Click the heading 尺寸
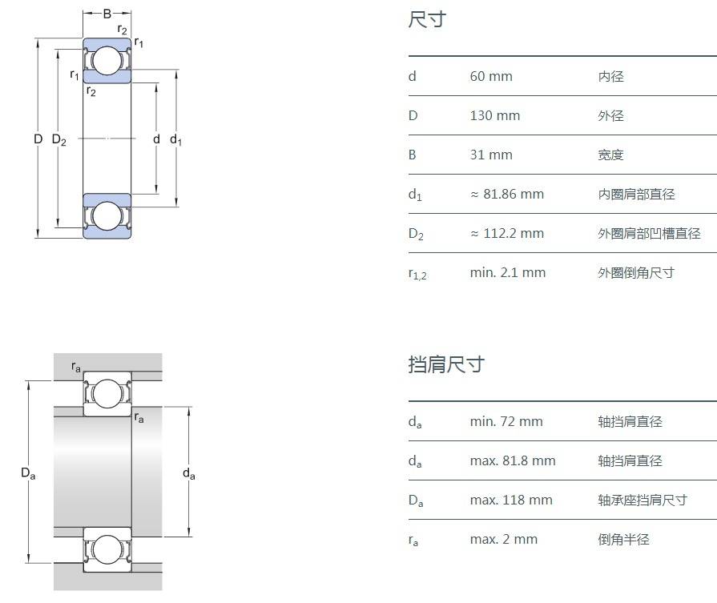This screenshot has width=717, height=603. (427, 20)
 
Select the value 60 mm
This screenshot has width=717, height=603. (491, 77)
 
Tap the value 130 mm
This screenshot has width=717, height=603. (495, 116)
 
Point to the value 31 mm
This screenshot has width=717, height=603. (491, 155)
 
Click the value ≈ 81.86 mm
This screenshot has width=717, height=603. (506, 195)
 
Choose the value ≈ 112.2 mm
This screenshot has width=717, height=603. (506, 234)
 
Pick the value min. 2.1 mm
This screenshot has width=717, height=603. (507, 273)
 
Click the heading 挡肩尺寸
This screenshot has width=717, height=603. (446, 365)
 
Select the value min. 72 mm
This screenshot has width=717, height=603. (506, 422)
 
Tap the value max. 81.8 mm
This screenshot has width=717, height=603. (512, 461)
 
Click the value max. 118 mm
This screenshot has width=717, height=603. (511, 500)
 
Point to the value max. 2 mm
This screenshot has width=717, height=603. (503, 540)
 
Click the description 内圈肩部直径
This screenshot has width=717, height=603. (636, 195)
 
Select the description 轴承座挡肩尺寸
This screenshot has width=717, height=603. (642, 500)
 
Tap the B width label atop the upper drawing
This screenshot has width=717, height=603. (107, 14)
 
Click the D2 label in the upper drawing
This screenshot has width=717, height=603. (58, 140)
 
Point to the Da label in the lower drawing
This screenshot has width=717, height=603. (28, 473)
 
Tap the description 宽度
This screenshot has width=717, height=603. (610, 155)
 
